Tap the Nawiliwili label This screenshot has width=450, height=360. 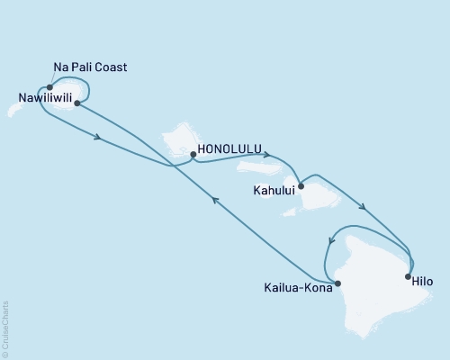(41, 96)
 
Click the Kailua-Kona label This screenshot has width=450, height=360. (296, 289)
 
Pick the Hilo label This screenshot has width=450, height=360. (421, 282)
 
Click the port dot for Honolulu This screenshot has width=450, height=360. (193, 155)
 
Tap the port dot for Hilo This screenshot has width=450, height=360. (408, 275)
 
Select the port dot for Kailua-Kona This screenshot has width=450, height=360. (337, 283)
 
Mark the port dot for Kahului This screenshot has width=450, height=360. (301, 187)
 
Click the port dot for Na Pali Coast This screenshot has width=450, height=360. (49, 88)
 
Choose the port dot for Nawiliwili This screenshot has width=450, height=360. (77, 103)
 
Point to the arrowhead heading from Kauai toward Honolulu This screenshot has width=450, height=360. (96, 139)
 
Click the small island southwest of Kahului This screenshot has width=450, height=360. (290, 212)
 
